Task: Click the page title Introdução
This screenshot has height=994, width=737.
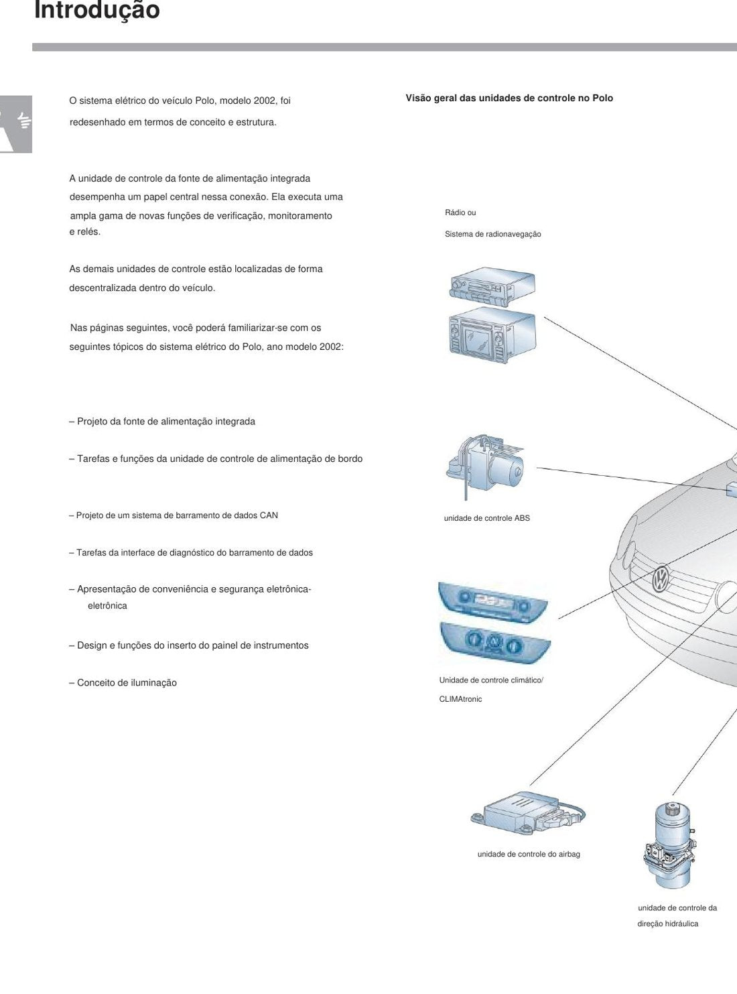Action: click(x=96, y=10)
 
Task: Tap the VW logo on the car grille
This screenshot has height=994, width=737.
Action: click(x=660, y=580)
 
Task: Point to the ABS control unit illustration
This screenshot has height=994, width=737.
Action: click(x=485, y=467)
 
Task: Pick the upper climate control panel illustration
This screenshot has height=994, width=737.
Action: click(x=492, y=603)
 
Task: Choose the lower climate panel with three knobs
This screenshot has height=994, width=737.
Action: click(x=495, y=645)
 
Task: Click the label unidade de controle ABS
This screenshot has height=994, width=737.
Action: click(x=486, y=518)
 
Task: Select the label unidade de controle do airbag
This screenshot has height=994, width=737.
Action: click(x=529, y=854)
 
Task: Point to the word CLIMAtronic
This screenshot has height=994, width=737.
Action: click(x=460, y=699)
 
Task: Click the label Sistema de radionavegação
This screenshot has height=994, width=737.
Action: click(x=493, y=234)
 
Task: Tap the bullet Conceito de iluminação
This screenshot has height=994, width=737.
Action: click(x=123, y=683)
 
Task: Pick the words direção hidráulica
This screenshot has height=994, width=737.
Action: click(x=667, y=924)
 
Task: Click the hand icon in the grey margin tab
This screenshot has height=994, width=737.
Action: click(x=24, y=121)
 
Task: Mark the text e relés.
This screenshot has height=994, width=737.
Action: click(x=84, y=232)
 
